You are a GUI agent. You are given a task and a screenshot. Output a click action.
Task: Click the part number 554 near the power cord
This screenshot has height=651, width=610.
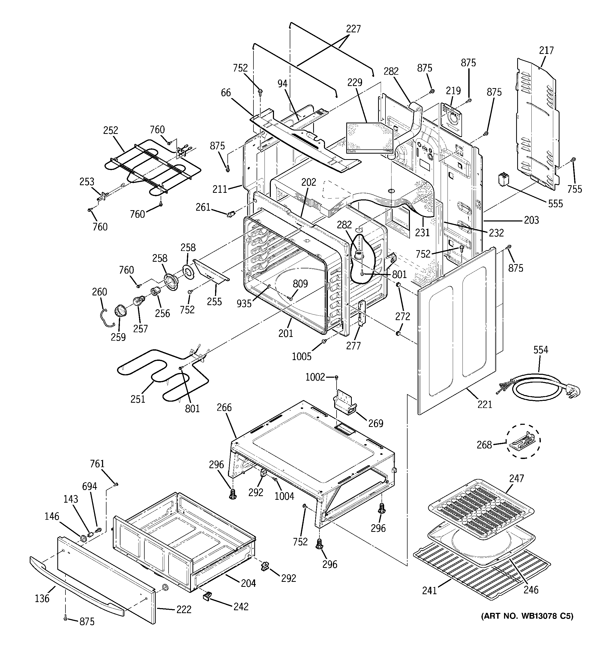[x=541, y=350]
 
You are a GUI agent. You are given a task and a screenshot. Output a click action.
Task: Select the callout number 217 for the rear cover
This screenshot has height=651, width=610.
[x=546, y=51]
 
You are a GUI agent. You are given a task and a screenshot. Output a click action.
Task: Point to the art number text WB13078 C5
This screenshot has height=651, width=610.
[x=527, y=616]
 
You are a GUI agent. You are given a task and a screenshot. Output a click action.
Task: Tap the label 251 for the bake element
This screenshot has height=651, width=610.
[x=138, y=399]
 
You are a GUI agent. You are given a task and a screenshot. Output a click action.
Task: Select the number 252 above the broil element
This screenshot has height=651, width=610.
[x=111, y=130]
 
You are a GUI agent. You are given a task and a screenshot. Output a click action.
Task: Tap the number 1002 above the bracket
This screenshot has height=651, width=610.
[x=315, y=377]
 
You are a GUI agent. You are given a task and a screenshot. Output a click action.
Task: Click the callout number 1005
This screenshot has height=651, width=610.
[x=302, y=356]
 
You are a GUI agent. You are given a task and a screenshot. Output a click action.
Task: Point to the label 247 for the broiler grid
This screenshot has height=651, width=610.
[x=516, y=478]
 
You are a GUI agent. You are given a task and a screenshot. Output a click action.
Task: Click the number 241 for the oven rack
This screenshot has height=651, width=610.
[x=429, y=591]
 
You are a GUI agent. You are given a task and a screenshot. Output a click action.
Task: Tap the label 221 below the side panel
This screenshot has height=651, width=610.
[x=485, y=405]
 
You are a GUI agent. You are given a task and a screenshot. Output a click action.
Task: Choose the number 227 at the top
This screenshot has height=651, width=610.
[x=353, y=29]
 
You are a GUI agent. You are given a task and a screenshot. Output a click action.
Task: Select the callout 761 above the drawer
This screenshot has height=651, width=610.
[x=97, y=464]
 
